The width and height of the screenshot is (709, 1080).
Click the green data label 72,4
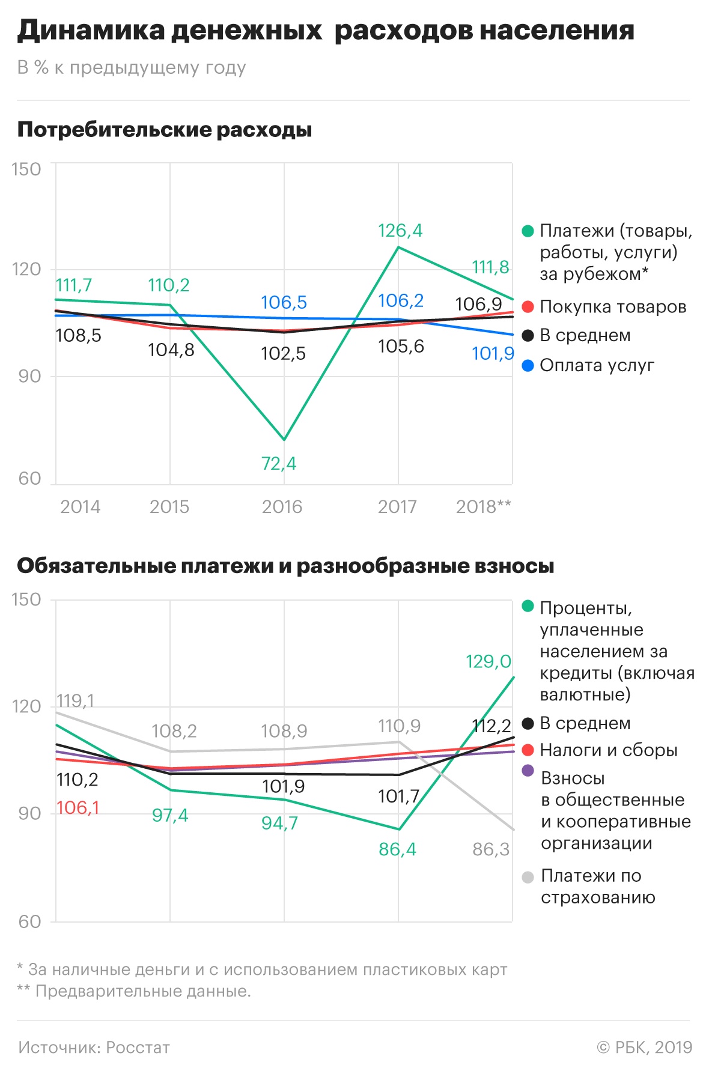(279, 464)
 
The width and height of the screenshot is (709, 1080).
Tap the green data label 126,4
(400, 231)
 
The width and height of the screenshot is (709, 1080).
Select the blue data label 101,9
(493, 353)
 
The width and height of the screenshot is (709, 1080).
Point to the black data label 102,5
(283, 353)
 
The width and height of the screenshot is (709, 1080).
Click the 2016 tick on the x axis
(282, 507)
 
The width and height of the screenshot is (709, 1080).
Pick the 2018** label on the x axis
(483, 507)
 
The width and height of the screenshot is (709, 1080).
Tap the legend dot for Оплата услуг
(528, 365)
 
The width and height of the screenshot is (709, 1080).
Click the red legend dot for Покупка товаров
(528, 307)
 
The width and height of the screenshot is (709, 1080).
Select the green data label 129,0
(488, 662)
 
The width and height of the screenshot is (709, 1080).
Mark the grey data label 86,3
(491, 849)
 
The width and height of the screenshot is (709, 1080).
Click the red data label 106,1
(78, 808)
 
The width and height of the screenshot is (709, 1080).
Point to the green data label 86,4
(397, 849)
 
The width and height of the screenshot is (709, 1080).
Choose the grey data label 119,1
(75, 701)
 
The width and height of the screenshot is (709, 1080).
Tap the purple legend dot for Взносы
(528, 771)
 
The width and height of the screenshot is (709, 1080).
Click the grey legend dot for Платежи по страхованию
(528, 878)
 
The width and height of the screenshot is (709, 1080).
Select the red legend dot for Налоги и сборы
(528, 750)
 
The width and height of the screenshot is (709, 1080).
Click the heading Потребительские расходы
(165, 130)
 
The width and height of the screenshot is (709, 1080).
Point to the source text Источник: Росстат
(94, 1048)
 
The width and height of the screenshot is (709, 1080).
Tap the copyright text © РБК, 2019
(644, 1048)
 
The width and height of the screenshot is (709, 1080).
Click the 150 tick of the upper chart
(26, 169)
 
